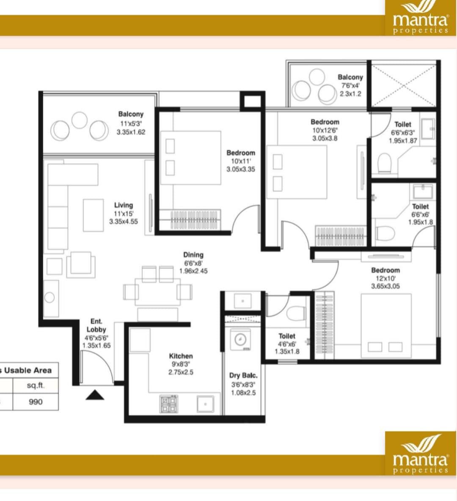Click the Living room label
tap(124, 205)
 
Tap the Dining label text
tap(193, 255)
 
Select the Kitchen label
tap(181, 356)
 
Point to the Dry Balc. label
tap(243, 375)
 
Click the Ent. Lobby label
tap(96, 325)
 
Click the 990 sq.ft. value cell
tap(36, 402)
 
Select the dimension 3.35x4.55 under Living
tap(124, 222)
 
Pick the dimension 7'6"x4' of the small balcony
tap(350, 86)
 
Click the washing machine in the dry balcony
tap(240, 339)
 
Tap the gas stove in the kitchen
tap(169, 404)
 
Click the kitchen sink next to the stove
tap(205, 404)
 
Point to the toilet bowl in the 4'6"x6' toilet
tap(295, 313)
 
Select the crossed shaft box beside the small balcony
tap(404, 85)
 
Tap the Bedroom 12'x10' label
tap(385, 270)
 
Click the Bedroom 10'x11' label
tap(241, 153)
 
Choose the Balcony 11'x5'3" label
tap(131, 114)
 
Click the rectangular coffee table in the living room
tap(93, 215)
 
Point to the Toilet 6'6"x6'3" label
tap(403, 124)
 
